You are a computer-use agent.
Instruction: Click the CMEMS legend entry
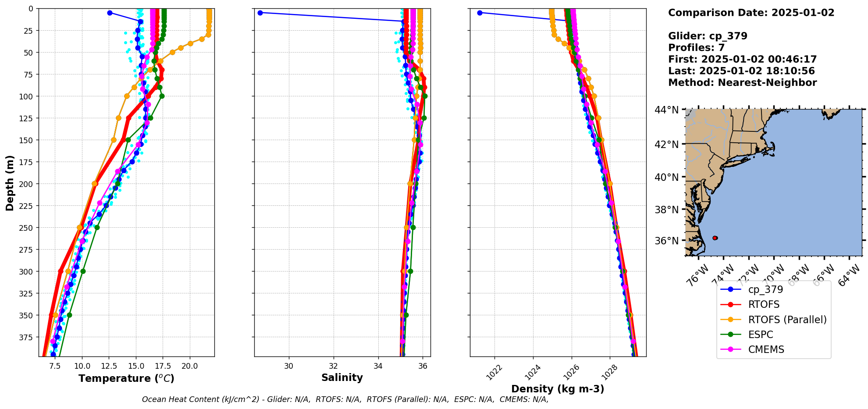click(766, 349)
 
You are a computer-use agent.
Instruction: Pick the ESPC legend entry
click(761, 335)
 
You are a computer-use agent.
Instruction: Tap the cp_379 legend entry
click(765, 289)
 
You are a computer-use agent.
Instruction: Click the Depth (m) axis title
click(10, 183)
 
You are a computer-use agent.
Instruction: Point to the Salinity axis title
click(342, 377)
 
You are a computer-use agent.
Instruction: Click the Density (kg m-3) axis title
click(558, 389)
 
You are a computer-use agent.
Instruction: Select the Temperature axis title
click(126, 378)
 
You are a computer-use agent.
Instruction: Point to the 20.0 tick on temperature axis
click(189, 366)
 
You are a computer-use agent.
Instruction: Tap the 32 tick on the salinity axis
click(333, 366)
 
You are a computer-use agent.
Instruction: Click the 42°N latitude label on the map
click(666, 145)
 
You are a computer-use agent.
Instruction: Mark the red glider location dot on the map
click(715, 238)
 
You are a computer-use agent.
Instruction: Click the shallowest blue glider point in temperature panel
click(110, 13)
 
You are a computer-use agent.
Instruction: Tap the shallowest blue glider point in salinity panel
click(260, 13)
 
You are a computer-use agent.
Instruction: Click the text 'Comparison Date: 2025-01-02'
click(751, 13)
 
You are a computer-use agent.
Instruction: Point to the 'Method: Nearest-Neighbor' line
click(742, 83)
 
